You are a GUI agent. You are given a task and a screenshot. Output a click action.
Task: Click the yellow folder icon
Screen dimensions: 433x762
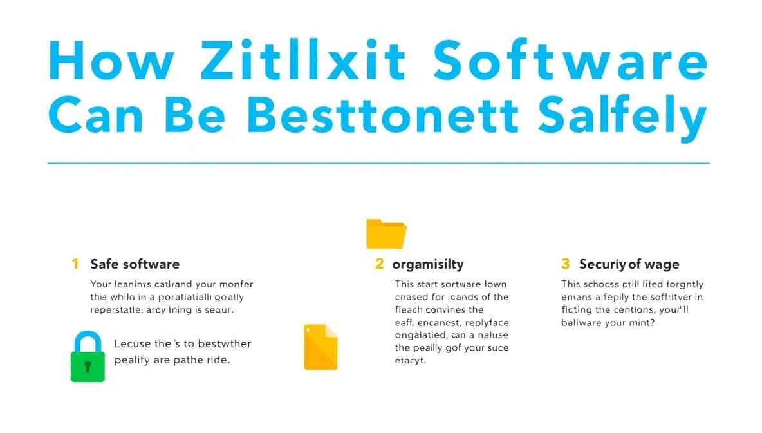(x=386, y=233)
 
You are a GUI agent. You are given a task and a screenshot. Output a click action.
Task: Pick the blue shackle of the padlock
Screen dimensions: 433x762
(x=88, y=340)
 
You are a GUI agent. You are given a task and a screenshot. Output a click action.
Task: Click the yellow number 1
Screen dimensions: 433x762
(x=75, y=264)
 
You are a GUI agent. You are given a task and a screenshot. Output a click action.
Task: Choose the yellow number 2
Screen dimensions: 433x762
(x=380, y=264)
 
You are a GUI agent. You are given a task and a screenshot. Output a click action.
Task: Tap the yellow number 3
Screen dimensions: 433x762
(x=566, y=264)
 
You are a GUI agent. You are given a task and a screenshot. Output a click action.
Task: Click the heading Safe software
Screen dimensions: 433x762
(x=135, y=264)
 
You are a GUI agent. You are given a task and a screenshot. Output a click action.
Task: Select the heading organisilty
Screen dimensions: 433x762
(x=428, y=264)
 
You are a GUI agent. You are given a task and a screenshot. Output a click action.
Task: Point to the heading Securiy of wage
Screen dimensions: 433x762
(x=629, y=264)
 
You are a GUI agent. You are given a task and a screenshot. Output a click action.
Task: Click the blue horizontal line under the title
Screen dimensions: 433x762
(x=378, y=164)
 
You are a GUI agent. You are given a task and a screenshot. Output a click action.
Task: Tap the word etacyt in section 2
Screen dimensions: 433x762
(x=411, y=361)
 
